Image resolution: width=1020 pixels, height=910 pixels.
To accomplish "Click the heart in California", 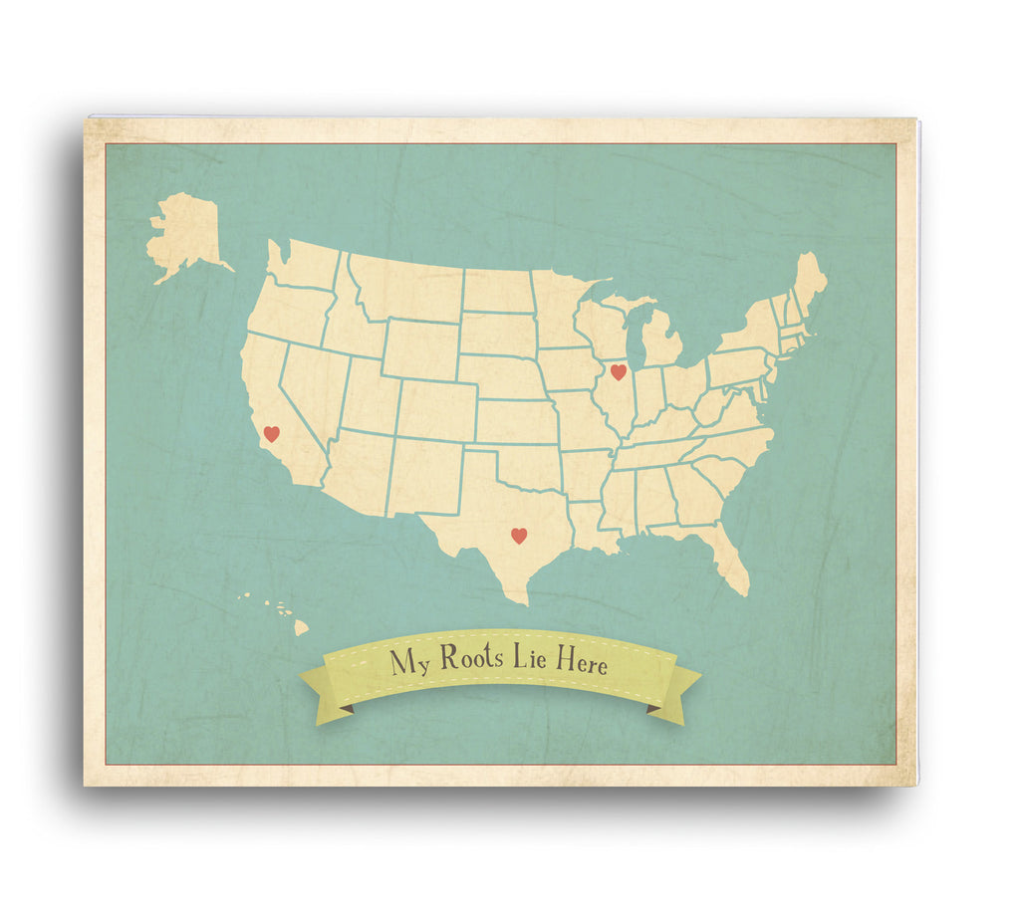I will tap(271, 434).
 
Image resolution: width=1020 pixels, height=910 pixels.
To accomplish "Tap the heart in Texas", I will tap(518, 536).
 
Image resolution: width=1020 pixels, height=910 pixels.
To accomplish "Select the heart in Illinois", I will tap(618, 372).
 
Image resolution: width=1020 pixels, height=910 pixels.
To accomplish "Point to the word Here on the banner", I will tap(581, 663).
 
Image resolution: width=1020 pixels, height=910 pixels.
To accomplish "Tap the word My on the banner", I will tap(409, 662).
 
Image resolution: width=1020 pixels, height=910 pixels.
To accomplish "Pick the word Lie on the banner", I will tap(529, 660).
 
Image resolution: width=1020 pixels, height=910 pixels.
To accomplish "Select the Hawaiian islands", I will tap(280, 612).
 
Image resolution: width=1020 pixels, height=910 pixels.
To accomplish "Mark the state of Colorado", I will tap(436, 410).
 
